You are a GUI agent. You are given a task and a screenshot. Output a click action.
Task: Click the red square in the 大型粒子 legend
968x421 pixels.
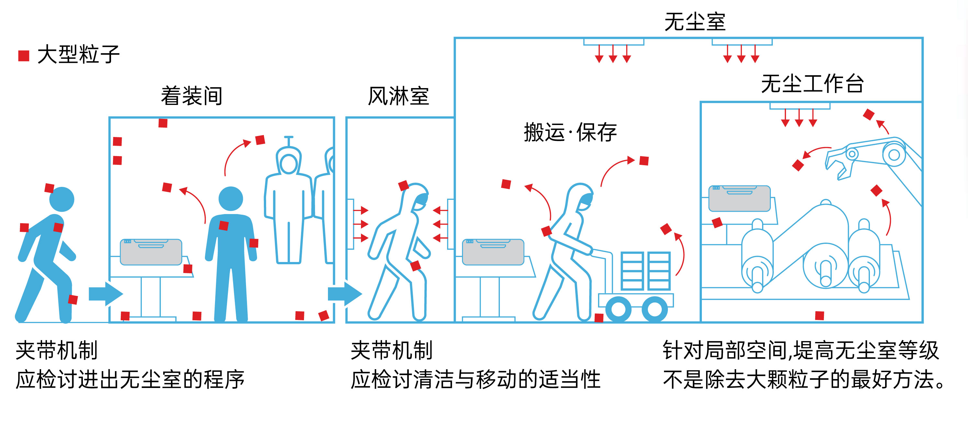point(24,56)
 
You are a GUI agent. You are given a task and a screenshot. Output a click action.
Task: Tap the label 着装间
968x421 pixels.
point(192,96)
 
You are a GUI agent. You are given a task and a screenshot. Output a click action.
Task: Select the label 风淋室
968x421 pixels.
point(398,96)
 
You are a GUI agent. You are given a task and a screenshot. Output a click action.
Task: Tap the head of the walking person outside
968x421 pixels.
point(62,199)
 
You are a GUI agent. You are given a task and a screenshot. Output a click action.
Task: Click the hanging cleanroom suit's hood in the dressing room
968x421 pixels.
point(288,162)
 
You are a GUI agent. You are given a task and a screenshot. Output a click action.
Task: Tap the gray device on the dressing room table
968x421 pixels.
point(151,252)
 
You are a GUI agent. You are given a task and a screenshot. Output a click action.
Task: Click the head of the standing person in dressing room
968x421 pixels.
point(231,199)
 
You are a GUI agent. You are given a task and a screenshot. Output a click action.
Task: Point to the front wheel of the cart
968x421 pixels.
point(654,309)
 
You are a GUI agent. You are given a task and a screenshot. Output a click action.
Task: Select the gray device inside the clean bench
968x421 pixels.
point(739,198)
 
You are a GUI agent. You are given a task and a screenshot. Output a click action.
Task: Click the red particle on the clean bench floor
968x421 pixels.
point(820,315)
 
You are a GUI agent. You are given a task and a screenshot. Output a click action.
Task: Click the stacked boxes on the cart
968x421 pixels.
point(645,271)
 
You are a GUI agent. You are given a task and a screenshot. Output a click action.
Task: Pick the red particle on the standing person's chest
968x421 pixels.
point(224,225)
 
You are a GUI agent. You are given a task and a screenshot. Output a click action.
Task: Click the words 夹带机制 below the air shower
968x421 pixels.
point(391,350)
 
